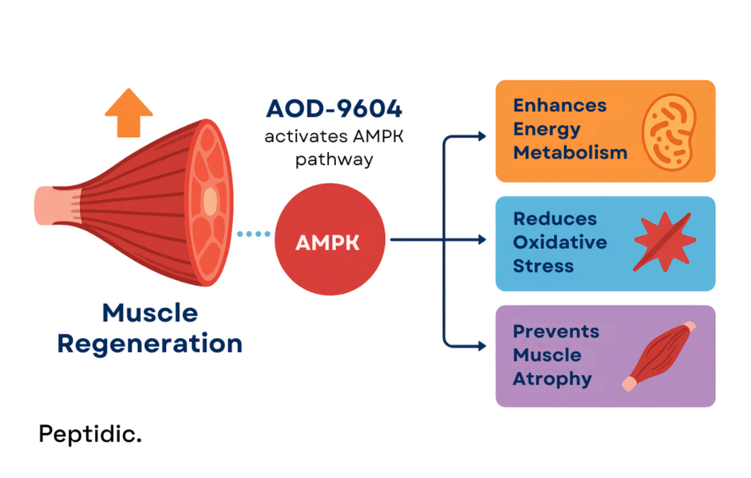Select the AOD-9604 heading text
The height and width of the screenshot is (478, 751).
pyautogui.click(x=334, y=109)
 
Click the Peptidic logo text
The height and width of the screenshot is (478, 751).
pyautogui.click(x=89, y=434)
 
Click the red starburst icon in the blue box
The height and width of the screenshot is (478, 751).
pyautogui.click(x=664, y=242)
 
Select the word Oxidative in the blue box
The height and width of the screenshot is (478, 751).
pyautogui.click(x=560, y=242)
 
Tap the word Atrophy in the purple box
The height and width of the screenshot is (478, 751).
pyautogui.click(x=552, y=378)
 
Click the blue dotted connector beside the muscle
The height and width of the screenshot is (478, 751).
pyautogui.click(x=254, y=234)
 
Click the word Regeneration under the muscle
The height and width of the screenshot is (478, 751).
pyautogui.click(x=150, y=343)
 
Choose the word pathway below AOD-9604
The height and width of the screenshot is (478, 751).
pyautogui.click(x=334, y=160)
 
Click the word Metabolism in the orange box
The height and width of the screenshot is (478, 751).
pyautogui.click(x=570, y=152)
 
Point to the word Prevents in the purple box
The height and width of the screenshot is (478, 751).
pyautogui.click(x=556, y=332)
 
